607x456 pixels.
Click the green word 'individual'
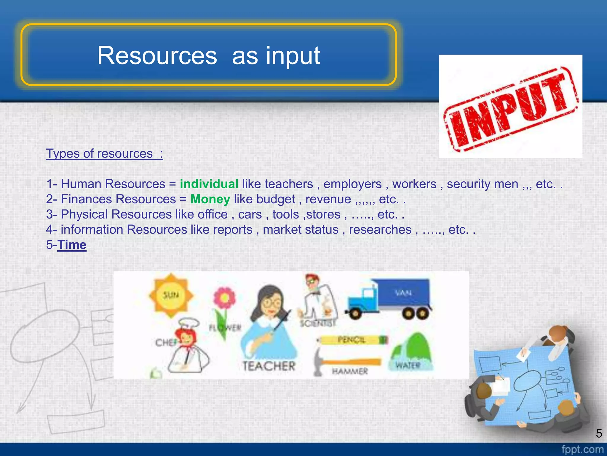[x=209, y=184]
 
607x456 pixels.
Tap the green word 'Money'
[x=210, y=199]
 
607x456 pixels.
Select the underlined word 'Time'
[x=72, y=245]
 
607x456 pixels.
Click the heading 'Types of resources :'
[x=104, y=154]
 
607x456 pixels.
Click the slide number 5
[x=599, y=433]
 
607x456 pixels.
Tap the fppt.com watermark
[x=582, y=449]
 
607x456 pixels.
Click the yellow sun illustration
[x=171, y=295]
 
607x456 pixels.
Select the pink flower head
[x=225, y=298]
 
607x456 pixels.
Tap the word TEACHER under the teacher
[x=269, y=366]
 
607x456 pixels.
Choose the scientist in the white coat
[x=319, y=300]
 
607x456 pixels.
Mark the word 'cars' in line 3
[x=250, y=215]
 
